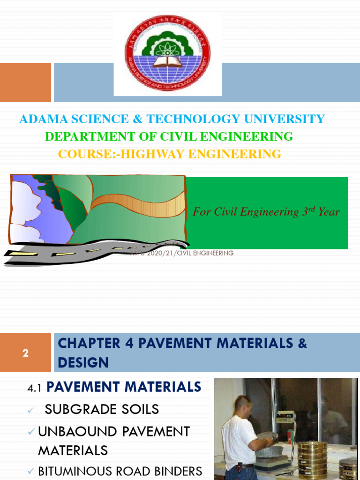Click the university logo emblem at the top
tap(167, 53)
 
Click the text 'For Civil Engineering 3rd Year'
tap(266, 212)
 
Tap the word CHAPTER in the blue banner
tap(84, 344)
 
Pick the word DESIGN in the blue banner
tap(83, 362)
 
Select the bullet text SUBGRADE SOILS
tap(102, 409)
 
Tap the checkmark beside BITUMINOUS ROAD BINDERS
tap(31, 471)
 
